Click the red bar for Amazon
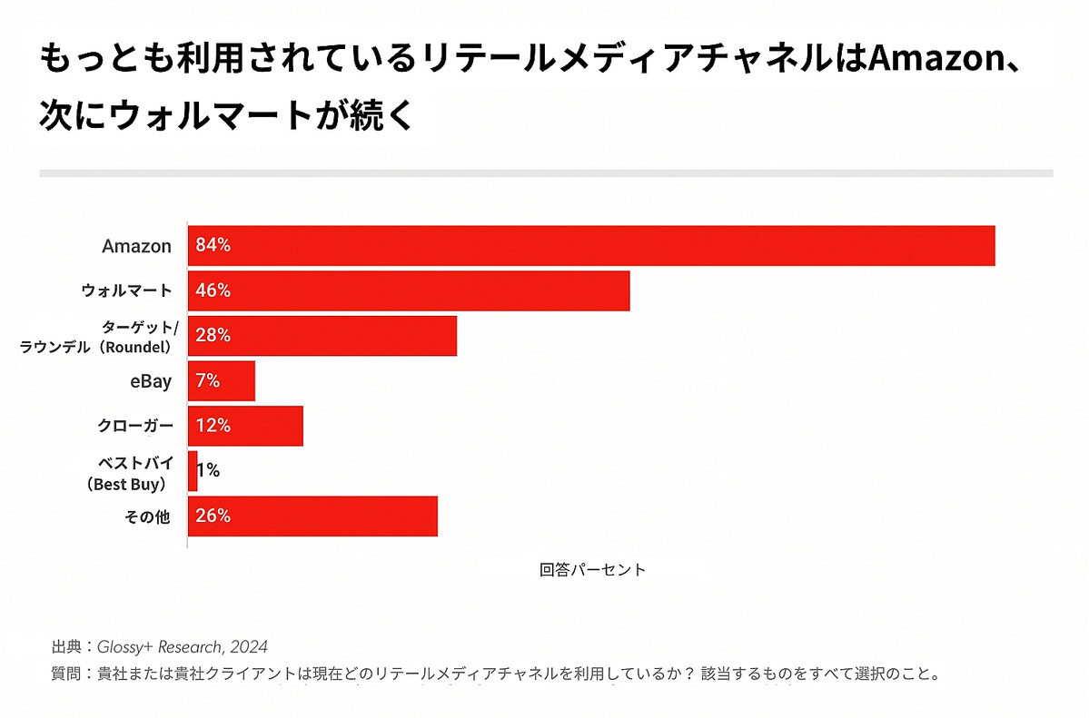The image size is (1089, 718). coord(590,246)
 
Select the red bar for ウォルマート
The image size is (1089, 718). coord(409,290)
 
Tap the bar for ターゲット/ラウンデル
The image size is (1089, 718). coord(322,336)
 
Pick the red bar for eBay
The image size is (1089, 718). coord(222,381)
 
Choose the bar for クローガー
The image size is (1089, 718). coord(245,426)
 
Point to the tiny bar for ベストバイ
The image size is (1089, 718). coord(193,471)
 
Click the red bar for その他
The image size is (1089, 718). coord(312,516)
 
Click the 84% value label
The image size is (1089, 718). coord(213,246)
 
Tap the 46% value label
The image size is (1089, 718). coord(213,290)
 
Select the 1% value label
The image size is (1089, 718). coord(209,471)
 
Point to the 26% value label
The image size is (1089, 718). coord(213,516)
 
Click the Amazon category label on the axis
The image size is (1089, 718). coord(136,246)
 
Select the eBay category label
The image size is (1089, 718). coord(151,381)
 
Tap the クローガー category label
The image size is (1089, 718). coord(134,426)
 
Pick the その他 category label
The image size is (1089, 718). coord(147,516)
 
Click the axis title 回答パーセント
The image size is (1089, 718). coord(592,570)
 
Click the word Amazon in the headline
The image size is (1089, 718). coord(935,63)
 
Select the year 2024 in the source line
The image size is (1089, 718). coord(249,647)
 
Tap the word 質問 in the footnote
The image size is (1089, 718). coord(65,674)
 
